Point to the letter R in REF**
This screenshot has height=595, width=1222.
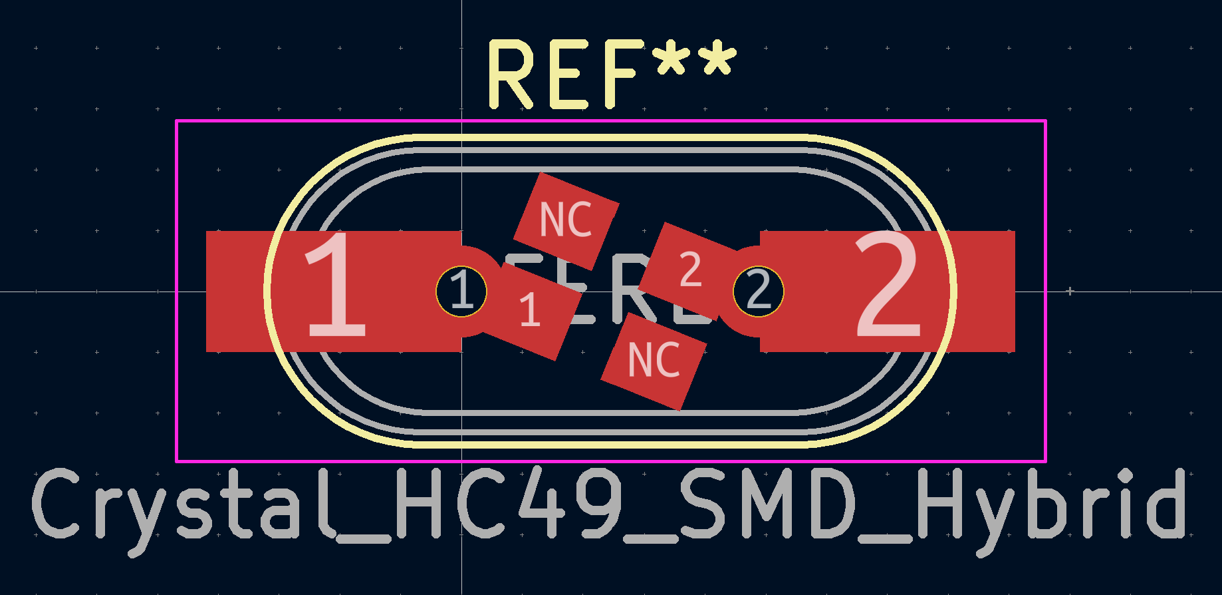[511, 75]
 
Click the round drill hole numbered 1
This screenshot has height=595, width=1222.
[461, 292]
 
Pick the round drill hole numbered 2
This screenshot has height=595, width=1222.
[759, 292]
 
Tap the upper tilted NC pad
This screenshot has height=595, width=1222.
[566, 221]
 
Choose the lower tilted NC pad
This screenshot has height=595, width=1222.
[654, 361]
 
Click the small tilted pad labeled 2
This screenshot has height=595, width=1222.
[689, 270]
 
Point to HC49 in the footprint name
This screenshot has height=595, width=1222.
[509, 504]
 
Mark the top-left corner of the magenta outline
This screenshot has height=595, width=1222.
[176, 121]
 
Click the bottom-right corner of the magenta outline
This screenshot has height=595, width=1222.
[1046, 461]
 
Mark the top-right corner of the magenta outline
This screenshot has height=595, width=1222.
[1046, 121]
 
